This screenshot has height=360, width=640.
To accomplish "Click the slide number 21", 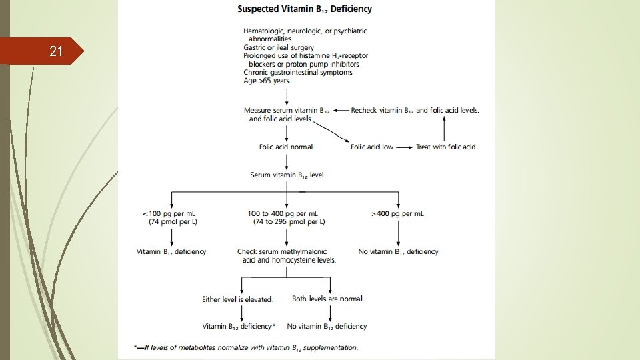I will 56,51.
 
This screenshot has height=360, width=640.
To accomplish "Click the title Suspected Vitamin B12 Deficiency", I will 305,9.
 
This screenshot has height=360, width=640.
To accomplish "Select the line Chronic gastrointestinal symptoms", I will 298,72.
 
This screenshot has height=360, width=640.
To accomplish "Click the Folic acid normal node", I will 286,147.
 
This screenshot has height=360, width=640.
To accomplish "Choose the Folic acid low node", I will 372,147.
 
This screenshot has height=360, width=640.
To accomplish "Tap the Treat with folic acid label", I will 447,147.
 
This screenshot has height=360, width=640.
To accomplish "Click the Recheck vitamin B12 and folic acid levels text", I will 415,110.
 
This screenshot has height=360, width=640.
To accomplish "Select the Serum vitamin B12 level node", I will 287,175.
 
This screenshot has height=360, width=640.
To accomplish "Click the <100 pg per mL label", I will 173,213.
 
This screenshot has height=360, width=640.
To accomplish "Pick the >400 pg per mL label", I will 398,213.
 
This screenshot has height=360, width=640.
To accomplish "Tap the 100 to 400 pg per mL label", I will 286,213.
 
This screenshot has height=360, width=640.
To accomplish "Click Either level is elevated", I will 238,299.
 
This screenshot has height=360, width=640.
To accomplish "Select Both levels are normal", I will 328,299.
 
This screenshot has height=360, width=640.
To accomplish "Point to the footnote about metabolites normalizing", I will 246,347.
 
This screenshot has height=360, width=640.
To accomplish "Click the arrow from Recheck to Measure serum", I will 341,110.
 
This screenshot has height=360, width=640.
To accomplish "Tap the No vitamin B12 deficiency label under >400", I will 398,251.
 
